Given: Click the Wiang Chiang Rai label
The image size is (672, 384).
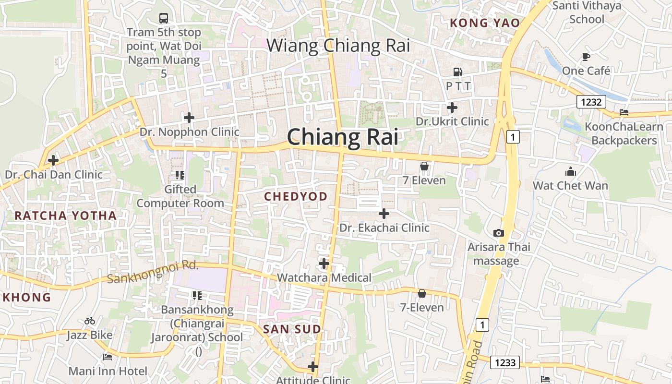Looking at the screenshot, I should tap(338, 46).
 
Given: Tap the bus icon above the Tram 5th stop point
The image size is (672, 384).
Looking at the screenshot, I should tap(164, 18).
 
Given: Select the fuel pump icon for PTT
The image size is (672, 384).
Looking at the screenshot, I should tap(458, 72).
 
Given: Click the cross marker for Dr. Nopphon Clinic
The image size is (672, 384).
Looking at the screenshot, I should tap(189, 117).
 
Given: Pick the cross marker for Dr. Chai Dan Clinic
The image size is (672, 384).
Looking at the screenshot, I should tap(53, 160).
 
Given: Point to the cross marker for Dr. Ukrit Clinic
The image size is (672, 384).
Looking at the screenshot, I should tap(452, 108).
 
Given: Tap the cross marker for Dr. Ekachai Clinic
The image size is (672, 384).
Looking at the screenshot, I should tap(384, 213).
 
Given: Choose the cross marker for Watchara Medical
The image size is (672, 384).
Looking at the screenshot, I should tap(324, 263).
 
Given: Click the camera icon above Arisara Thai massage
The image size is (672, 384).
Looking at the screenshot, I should tap(499, 233).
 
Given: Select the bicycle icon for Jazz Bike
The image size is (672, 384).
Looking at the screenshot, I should tap(90, 321).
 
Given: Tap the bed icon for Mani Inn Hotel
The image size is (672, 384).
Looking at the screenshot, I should tap(108, 357).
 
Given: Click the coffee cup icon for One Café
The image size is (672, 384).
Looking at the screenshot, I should tap(586, 57).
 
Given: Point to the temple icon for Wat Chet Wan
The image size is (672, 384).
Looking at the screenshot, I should tap(570, 171).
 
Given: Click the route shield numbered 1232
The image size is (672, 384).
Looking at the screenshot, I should tap(591, 102).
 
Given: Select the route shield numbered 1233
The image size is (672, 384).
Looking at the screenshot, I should tap(505, 362).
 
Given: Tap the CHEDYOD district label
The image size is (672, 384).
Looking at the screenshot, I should tap(296, 196).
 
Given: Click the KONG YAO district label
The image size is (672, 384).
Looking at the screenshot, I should tap(485, 23).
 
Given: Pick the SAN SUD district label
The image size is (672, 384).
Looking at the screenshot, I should tap(292, 329).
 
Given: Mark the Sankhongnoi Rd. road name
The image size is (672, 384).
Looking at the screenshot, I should tap(153, 272).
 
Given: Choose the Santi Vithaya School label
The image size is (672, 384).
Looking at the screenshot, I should tap(587, 12).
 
